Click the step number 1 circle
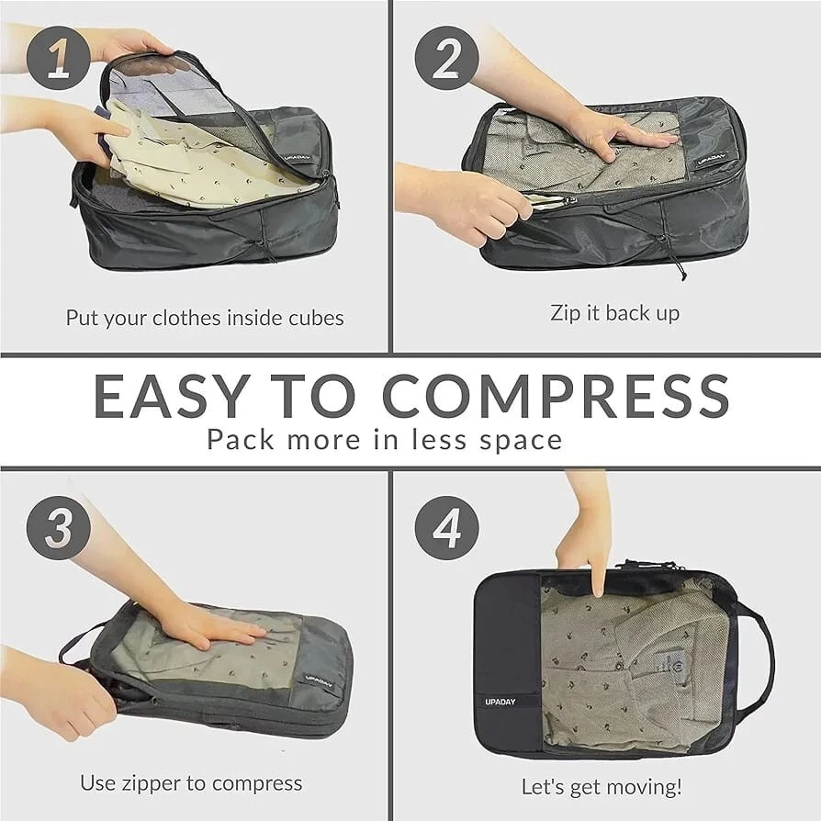[x=58, y=58]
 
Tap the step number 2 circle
[x=446, y=58]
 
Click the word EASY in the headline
[x=171, y=396]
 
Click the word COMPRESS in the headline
[x=556, y=396]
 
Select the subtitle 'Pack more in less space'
[x=384, y=439]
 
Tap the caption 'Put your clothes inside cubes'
[x=205, y=318]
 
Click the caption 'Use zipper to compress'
[x=191, y=783]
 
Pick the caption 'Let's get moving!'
[x=602, y=786]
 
